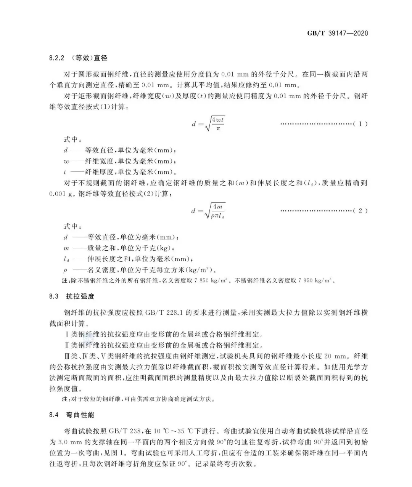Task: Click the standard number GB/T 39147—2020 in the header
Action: pyautogui.click(x=337, y=33)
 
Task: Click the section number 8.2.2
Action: pyautogui.click(x=57, y=58)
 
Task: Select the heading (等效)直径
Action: pyautogui.click(x=89, y=58)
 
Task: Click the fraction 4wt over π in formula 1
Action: pyautogui.click(x=218, y=124)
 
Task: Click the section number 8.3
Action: pyautogui.click(x=53, y=296)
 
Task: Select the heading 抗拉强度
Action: pyautogui.click(x=80, y=296)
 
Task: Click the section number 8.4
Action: pyautogui.click(x=53, y=415)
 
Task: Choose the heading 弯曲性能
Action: pyautogui.click(x=80, y=415)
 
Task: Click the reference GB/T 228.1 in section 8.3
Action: pyautogui.click(x=165, y=313)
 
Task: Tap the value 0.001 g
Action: pyautogui.click(x=61, y=194)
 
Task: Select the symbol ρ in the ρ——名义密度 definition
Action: pyautogui.click(x=66, y=271)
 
